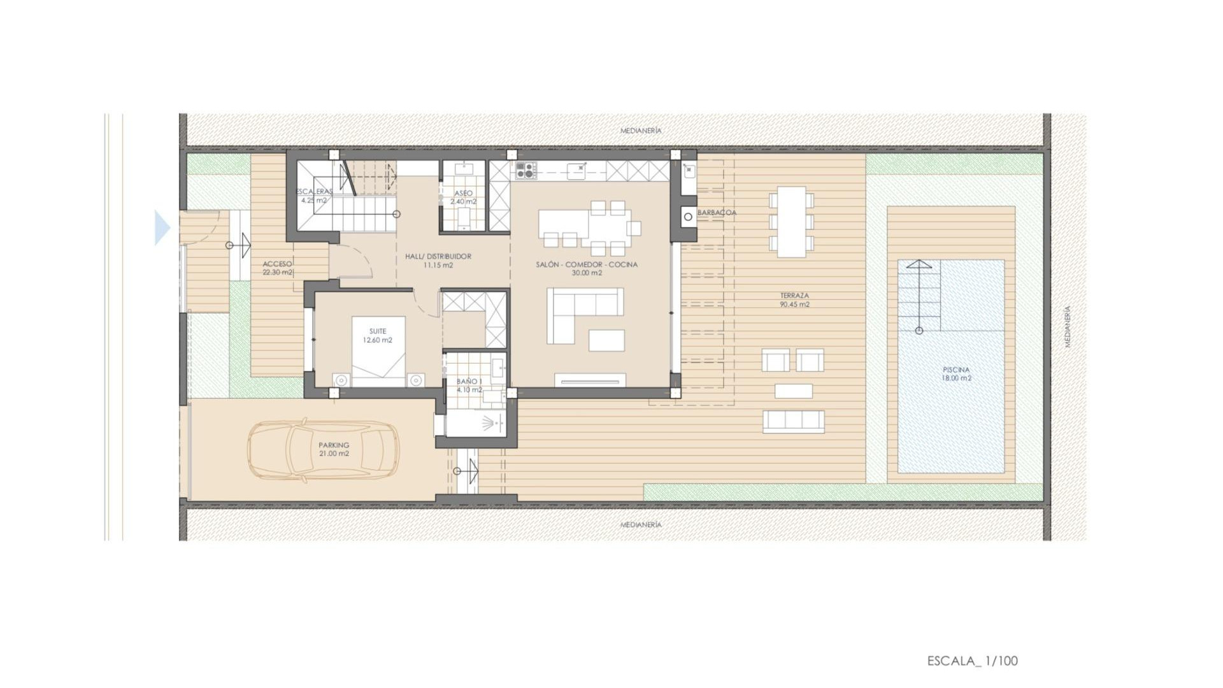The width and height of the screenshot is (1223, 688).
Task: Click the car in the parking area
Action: [323, 450]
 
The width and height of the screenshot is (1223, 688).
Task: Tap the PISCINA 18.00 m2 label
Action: [956, 374]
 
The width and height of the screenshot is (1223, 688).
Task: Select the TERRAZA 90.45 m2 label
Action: [794, 300]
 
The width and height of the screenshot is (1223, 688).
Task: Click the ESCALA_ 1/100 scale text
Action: [972, 661]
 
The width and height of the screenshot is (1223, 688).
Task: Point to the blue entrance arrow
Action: [162, 227]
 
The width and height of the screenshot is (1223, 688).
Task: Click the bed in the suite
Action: [378, 350]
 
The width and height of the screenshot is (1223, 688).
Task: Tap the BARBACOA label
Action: [717, 213]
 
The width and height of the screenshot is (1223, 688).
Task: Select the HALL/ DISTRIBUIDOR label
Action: [438, 261]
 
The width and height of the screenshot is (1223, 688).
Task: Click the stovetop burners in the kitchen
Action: [526, 170]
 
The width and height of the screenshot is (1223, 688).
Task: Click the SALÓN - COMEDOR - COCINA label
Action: [586, 268]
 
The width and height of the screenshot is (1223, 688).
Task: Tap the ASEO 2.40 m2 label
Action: [463, 197]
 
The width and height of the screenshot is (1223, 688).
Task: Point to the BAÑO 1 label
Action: [469, 385]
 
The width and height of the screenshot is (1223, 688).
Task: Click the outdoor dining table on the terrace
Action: [791, 221]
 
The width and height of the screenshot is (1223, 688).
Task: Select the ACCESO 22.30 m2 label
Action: [277, 268]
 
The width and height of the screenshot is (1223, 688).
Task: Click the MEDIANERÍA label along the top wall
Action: [641, 131]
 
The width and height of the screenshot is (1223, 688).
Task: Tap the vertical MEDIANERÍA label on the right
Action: [1068, 326]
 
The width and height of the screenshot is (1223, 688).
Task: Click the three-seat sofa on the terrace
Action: [793, 421]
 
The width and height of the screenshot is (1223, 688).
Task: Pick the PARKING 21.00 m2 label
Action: [334, 450]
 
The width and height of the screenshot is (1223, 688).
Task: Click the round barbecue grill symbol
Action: [688, 217]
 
